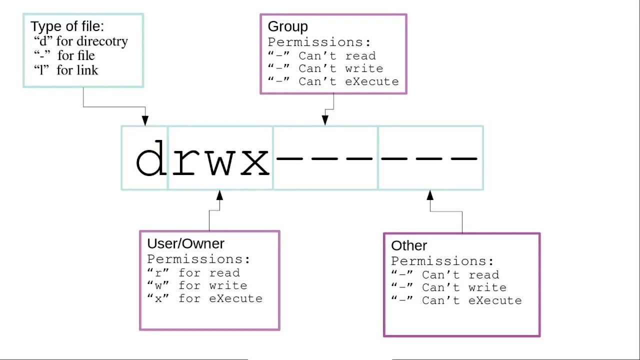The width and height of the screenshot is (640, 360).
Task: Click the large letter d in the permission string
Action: coord(151,157)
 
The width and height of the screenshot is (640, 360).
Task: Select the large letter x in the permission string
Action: coord(255,162)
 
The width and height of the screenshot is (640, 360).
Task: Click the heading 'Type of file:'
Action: coord(67,26)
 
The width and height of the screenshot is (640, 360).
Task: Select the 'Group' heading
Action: coord(287,26)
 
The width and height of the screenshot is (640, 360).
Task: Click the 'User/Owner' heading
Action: coord(185,243)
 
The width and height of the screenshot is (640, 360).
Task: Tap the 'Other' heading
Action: coord(409,245)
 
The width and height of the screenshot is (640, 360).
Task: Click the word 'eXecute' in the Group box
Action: coord(371,81)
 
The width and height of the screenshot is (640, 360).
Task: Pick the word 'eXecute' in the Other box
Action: coord(495,300)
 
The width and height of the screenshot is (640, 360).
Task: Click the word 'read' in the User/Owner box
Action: coord(224,273)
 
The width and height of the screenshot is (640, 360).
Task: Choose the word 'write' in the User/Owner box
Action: coord(228,285)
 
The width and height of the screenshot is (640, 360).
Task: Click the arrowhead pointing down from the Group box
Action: coord(325,120)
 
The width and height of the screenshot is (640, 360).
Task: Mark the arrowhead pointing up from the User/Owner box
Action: coord(219,195)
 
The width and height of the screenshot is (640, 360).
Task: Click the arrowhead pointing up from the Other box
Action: coord(430,195)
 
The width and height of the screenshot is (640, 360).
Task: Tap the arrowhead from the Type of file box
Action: coord(145,120)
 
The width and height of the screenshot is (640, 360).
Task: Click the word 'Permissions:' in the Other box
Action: coord(442,261)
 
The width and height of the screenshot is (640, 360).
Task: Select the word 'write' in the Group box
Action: coord(364,68)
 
